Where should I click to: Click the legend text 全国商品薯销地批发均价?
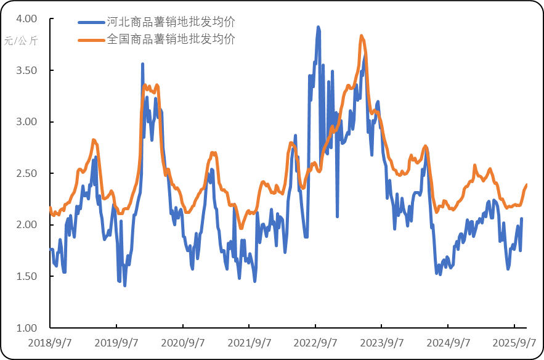coord(171,39)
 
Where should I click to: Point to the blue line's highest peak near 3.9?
coord(318,27)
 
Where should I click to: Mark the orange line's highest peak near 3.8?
coord(362,36)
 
